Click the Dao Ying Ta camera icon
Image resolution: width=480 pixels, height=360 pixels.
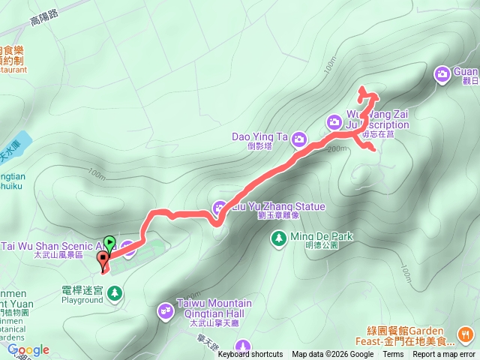pos(299,138)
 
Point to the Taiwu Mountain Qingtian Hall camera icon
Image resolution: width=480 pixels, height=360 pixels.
pos(165,309)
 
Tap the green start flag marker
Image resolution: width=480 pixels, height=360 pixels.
pos(110,242)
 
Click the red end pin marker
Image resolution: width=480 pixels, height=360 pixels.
pos(103,260)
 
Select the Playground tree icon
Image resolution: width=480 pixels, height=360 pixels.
pos(115,293)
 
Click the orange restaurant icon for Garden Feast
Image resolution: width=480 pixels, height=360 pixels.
pos(466,334)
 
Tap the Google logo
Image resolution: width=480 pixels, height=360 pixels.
pos(28,349)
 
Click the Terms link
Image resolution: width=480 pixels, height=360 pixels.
pos(393,355)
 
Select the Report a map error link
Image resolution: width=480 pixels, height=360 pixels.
pos(444,355)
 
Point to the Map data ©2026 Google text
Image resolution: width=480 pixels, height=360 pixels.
pos(333,355)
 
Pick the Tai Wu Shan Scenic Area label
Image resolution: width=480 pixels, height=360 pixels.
pos(49,246)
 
